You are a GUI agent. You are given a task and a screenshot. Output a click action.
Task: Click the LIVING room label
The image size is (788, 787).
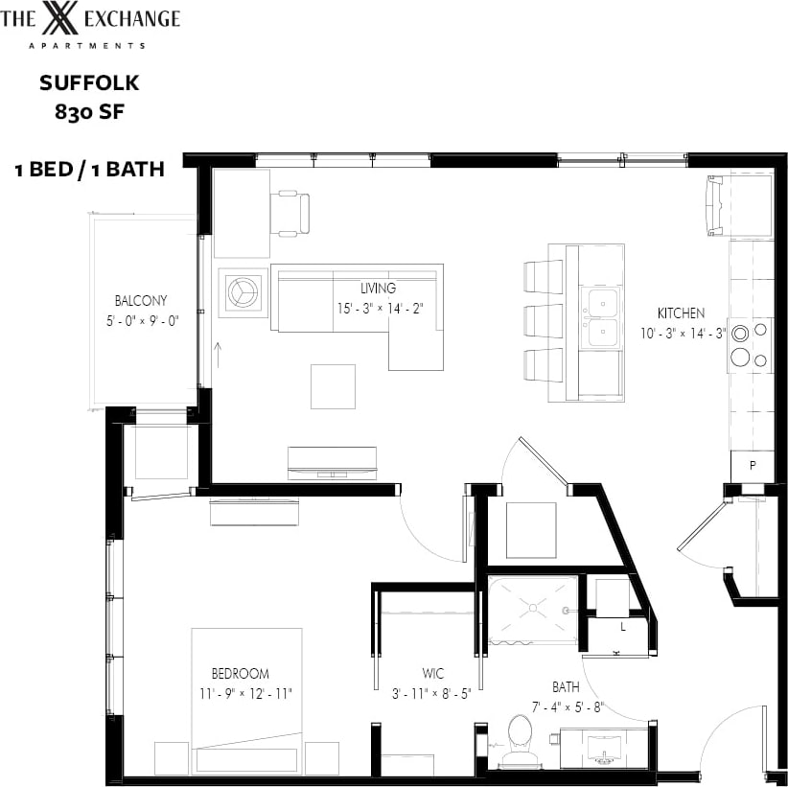tap(378, 288)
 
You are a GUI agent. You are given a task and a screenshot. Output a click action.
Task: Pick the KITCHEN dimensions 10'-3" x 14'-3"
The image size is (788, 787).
tap(682, 333)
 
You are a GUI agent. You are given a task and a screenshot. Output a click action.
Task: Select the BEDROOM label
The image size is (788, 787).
tap(240, 673)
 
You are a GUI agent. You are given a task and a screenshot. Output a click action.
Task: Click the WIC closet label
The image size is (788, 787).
tap(432, 674)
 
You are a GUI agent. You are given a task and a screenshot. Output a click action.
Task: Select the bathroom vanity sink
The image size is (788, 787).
tap(604, 748)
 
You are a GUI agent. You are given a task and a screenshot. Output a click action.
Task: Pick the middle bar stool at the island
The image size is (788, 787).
tap(544, 320)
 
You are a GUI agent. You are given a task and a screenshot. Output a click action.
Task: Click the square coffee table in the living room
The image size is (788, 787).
tap(333, 386)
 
